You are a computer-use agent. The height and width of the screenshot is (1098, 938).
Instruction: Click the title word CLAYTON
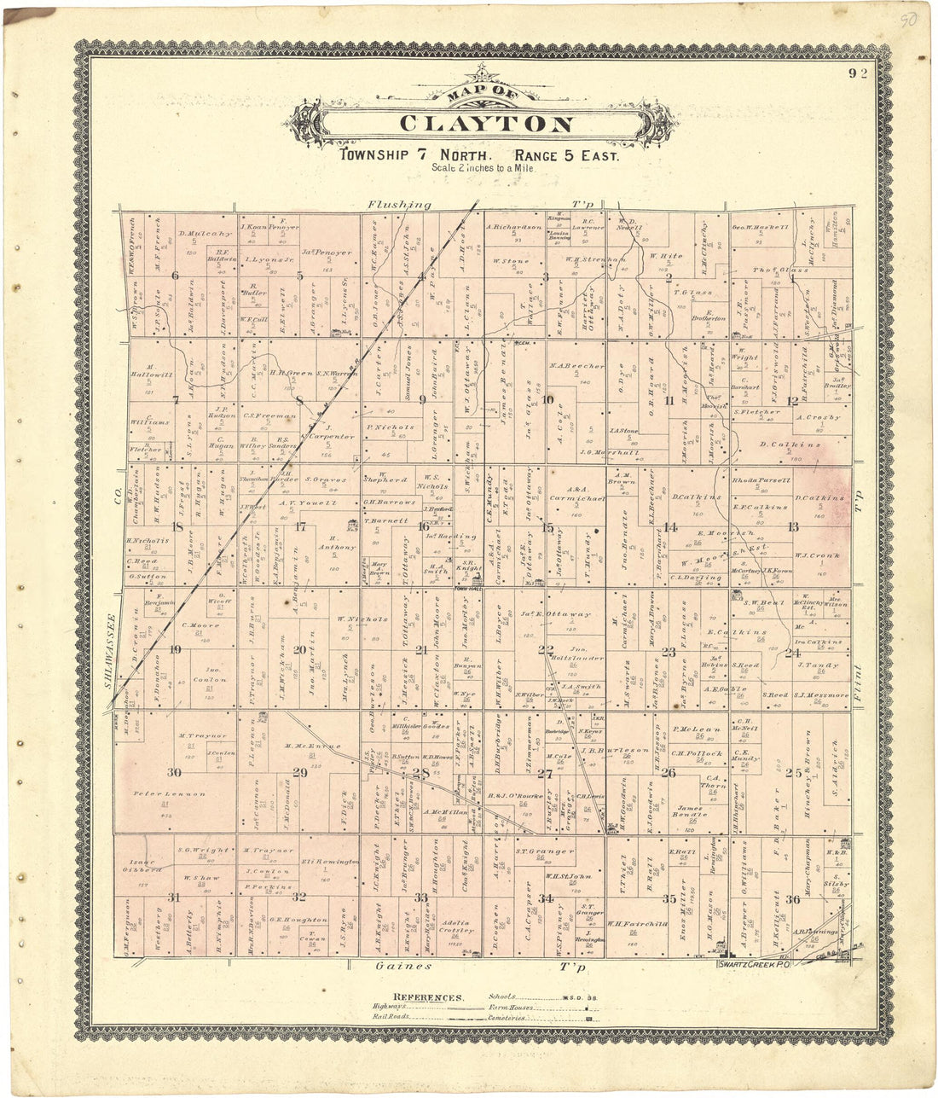tap(486, 124)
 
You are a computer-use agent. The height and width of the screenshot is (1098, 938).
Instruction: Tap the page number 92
tap(858, 73)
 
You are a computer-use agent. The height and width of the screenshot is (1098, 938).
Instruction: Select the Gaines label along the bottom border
tap(403, 967)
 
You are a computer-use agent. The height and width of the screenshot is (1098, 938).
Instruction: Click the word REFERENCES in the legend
tap(429, 996)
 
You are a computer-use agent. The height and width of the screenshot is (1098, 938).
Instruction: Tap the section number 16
tap(424, 526)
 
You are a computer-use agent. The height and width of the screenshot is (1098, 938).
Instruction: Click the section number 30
tap(174, 772)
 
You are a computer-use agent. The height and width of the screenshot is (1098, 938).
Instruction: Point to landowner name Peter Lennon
tap(169, 793)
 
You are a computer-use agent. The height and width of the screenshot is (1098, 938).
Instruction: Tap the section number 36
tap(792, 898)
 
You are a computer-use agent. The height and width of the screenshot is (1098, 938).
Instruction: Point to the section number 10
tap(547, 399)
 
